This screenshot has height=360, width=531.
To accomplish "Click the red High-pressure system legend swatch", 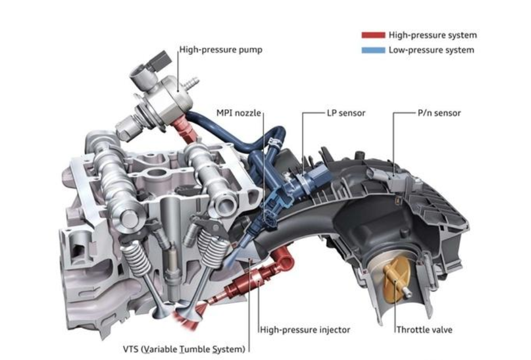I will [373, 35].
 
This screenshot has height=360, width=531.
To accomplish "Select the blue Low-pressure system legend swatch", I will [373, 50].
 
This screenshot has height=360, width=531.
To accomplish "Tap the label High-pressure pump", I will [221, 50].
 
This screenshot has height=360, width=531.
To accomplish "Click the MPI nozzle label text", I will [238, 113].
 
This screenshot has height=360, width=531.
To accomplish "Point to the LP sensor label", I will [346, 113].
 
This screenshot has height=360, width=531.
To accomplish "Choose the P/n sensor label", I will [439, 113].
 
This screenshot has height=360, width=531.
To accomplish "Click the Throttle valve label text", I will [424, 330].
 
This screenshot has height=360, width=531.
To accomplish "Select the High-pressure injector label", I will [306, 330].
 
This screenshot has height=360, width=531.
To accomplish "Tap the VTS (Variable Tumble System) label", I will [184, 349].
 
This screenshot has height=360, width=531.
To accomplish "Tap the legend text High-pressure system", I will [432, 35].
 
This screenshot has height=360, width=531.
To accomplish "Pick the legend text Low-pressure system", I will [431, 50].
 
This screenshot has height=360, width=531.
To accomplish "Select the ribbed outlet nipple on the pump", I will [191, 84].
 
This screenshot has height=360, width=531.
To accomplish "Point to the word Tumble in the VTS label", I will [195, 349].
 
